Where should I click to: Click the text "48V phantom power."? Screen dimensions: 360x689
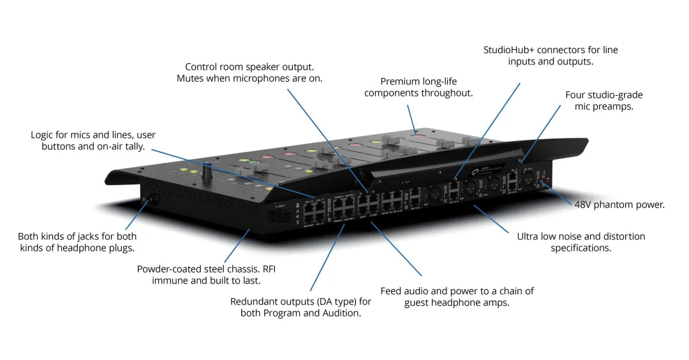click(x=618, y=205)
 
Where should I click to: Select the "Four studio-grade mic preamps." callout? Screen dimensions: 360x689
click(x=604, y=101)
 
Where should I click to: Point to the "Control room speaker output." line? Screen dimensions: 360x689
click(x=249, y=66)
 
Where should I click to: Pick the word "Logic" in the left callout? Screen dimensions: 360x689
click(x=43, y=135)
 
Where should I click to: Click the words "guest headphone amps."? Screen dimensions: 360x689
click(x=456, y=303)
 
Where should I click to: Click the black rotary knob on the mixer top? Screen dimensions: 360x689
click(x=207, y=171)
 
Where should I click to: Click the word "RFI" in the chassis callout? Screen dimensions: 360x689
click(x=268, y=269)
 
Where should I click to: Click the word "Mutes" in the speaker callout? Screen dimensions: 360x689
click(x=191, y=79)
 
